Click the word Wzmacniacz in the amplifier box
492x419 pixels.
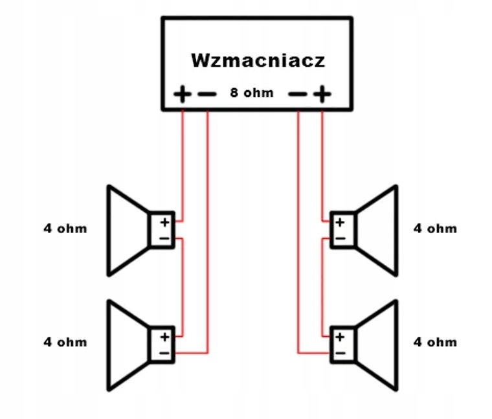[258, 60]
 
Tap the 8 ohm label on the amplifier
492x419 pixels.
[252, 93]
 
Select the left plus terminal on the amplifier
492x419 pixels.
[183, 94]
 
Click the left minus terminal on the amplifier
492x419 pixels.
[207, 94]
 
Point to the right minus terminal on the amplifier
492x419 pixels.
[297, 94]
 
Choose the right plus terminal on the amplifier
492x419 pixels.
[322, 94]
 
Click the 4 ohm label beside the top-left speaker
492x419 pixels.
[65, 229]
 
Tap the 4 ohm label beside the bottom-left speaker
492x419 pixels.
[65, 342]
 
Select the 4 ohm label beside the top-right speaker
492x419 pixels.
[435, 229]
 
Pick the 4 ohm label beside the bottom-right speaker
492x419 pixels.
[435, 342]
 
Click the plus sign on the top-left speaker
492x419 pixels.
[164, 223]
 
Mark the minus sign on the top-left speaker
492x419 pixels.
[164, 238]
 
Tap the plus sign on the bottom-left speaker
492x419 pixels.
[164, 337]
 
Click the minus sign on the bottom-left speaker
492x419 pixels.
[164, 354]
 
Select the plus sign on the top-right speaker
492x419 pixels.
[340, 223]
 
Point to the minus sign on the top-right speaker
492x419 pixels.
[340, 238]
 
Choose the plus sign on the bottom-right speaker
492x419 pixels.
[340, 337]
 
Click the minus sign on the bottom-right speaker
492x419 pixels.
[340, 354]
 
